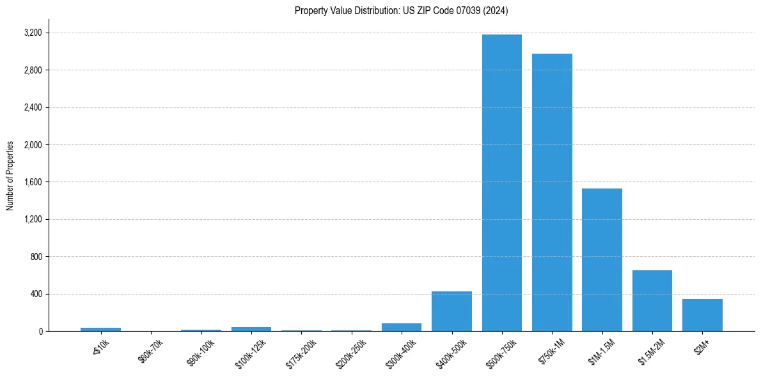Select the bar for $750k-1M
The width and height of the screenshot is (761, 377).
tap(552, 192)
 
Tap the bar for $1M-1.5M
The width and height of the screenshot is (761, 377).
tap(602, 259)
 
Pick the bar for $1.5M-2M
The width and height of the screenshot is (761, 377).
tap(652, 300)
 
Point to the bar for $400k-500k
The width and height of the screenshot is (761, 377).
tap(451, 311)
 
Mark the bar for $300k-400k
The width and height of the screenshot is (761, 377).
tap(402, 327)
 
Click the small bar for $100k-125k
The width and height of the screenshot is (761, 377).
tap(251, 329)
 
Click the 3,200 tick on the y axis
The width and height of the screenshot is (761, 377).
tap(33, 33)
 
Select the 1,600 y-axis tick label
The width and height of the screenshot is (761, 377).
tap(33, 182)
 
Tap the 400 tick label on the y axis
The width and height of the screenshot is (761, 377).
tap(36, 294)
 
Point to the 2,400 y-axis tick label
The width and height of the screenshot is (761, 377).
tap(33, 107)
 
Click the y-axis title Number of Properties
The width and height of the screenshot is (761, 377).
tap(10, 176)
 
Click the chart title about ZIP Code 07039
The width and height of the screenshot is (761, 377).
tap(401, 11)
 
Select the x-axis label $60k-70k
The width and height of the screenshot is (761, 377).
tap(151, 351)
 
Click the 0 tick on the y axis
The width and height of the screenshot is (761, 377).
tap(40, 331)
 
